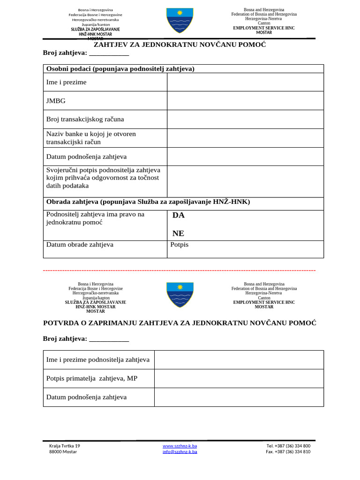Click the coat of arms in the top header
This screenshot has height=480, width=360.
180,21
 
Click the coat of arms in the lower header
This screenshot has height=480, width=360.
180,294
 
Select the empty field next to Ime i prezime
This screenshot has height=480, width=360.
245,82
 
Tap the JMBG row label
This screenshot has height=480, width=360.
56,101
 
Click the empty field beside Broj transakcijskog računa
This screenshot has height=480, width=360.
245,119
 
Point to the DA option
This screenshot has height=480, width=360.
179,215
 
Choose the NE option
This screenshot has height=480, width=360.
178,233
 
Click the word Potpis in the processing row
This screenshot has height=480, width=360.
180,245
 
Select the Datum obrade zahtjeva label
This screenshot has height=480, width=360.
80,245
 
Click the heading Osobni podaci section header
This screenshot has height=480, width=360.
120,69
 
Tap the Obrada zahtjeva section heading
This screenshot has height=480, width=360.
148,202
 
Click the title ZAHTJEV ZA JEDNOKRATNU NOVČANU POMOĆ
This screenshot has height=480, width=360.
180,45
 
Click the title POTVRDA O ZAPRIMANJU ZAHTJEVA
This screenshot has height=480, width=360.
180,323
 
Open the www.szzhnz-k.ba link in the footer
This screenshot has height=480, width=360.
180,446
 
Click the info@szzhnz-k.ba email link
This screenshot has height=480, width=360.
180,452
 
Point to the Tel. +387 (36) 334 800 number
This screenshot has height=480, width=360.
288,446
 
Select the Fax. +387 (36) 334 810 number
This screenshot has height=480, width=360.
288,452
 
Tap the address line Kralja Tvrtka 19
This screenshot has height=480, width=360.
65,446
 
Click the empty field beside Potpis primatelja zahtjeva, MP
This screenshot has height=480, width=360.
239,378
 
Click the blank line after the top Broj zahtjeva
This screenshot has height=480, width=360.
109,52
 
